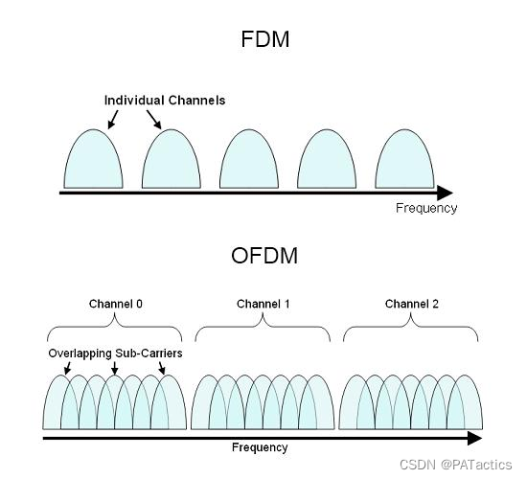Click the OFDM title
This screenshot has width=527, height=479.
(263, 256)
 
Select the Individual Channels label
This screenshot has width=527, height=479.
(165, 100)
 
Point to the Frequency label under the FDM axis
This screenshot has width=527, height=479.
(426, 208)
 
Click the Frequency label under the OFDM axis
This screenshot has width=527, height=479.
(260, 447)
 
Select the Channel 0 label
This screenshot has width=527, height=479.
(115, 305)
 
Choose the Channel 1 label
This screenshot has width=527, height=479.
(263, 305)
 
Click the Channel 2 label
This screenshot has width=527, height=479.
(412, 305)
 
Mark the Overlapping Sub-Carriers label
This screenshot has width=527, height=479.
(115, 354)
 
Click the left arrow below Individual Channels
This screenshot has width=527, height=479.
(113, 119)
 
